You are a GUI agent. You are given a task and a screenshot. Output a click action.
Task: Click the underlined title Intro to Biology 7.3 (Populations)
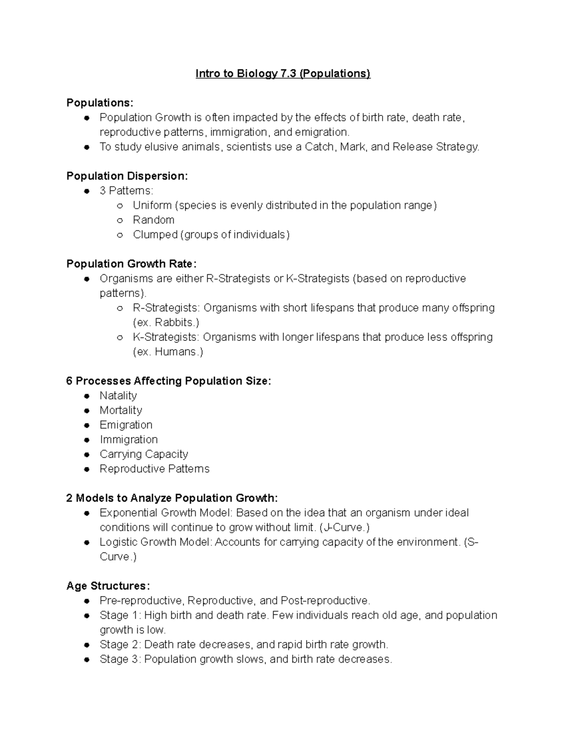pos(283,74)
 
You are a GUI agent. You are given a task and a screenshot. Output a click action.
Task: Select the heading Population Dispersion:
pos(127,176)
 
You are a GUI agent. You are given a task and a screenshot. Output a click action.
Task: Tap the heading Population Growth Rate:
pos(131,264)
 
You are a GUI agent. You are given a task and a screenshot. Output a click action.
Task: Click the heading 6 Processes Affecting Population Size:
pos(168,381)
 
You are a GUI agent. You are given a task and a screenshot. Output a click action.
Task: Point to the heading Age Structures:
pos(108,586)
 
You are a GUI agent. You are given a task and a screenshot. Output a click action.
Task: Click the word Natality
pos(118,396)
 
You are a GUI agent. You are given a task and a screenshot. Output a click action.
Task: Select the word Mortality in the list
pos(121,411)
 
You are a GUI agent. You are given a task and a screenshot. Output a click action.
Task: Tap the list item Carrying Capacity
pos(144,454)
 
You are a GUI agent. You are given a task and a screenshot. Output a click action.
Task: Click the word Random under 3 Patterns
pos(153,220)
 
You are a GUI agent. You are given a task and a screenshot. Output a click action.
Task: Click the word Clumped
pos(155,235)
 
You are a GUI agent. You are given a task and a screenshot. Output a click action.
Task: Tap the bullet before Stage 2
pos(87,645)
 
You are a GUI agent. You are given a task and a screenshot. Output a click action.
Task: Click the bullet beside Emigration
pos(87,425)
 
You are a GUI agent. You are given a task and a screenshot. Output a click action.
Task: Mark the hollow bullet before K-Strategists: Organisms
pos(120,337)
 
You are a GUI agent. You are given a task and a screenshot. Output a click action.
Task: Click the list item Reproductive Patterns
pos(154,469)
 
